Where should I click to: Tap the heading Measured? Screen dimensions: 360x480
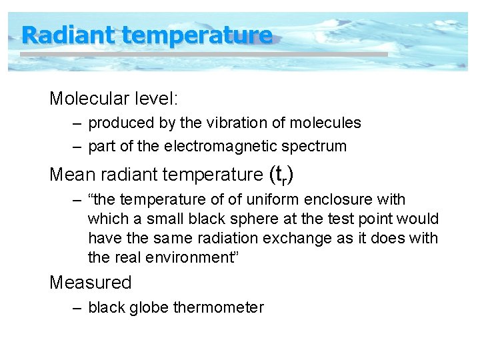tap(91, 283)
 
